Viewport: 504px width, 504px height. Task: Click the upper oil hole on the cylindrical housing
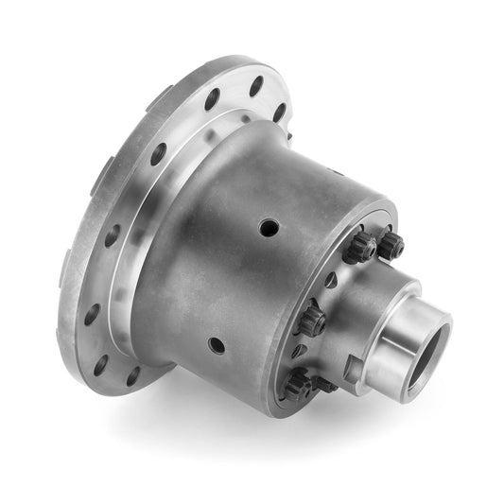[x=269, y=228]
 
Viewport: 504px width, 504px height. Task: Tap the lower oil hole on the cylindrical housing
[x=217, y=345]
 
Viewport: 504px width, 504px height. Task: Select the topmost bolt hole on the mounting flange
[x=256, y=87]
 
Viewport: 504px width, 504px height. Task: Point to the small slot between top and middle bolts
[x=330, y=280]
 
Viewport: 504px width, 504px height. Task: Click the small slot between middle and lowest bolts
[x=300, y=351]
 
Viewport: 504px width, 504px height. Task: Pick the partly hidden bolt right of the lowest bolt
[x=324, y=385]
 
